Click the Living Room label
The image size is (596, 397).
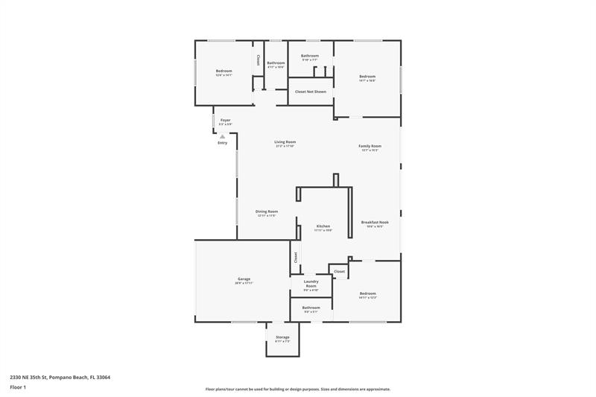click(285, 142)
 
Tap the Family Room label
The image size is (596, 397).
click(370, 146)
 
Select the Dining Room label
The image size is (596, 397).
click(267, 212)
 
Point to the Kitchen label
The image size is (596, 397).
click(323, 226)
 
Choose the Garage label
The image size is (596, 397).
click(244, 279)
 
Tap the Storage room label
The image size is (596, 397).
click(282, 337)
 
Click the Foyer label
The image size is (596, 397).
click(225, 120)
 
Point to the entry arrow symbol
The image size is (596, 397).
click(222, 136)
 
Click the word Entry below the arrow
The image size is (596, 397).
click(222, 143)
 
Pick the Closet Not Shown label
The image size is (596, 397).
click(310, 92)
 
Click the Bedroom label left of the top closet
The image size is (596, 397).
click(223, 72)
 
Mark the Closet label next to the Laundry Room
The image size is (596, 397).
click(339, 272)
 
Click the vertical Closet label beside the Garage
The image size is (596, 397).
click(296, 256)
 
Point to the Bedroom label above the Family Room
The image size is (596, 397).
click(367, 77)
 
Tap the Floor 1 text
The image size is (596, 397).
click(19, 388)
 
